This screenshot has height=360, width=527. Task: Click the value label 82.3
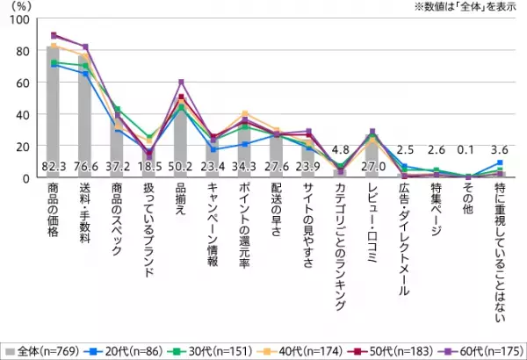pos(54,166)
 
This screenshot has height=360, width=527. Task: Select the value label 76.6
pos(86,166)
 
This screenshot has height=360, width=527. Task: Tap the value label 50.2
pos(181,166)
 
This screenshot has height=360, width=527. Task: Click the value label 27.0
pos(372,166)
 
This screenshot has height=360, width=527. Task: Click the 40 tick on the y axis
pos(27,114)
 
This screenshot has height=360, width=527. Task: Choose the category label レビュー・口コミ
pos(372,220)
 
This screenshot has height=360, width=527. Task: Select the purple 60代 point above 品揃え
pos(181,83)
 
